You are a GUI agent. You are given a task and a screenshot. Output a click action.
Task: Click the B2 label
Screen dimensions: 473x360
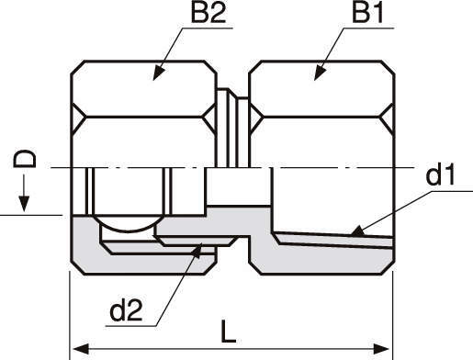coord(208,13)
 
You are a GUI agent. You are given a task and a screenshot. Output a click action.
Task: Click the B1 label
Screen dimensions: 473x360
coord(367,13)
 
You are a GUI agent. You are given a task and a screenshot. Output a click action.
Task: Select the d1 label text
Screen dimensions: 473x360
coord(440,174)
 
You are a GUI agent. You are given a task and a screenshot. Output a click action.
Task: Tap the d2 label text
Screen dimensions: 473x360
coord(126,310)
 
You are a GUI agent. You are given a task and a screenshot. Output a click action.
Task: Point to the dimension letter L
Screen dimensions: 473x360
coord(228,332)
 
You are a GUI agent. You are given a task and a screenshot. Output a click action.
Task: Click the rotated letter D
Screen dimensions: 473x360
coord(25,159)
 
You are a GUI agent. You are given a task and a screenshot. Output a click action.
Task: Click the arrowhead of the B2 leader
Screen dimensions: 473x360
coord(158,73)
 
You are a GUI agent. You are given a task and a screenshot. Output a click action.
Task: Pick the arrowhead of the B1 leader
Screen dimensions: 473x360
coord(320,73)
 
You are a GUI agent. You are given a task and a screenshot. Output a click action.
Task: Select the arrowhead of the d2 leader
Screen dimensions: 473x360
coord(197,251)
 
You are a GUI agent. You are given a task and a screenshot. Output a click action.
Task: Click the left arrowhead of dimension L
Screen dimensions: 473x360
coord(80,349)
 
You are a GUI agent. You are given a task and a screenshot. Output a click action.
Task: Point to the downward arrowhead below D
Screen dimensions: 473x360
coord(24,204)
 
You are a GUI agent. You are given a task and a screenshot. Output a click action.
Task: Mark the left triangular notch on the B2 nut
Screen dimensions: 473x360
coord(79,117)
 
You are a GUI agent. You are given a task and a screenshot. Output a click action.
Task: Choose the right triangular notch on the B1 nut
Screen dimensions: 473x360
coord(387,117)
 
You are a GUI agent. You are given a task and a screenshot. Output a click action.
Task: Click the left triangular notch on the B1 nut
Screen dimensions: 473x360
coord(256,117)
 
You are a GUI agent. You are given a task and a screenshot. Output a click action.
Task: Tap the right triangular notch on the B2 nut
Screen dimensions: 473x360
coord(209,117)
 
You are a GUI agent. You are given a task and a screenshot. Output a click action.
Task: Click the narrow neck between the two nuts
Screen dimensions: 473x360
coord(232,128)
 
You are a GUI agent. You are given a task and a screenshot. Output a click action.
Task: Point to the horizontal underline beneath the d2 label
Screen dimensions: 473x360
coord(130,326)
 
